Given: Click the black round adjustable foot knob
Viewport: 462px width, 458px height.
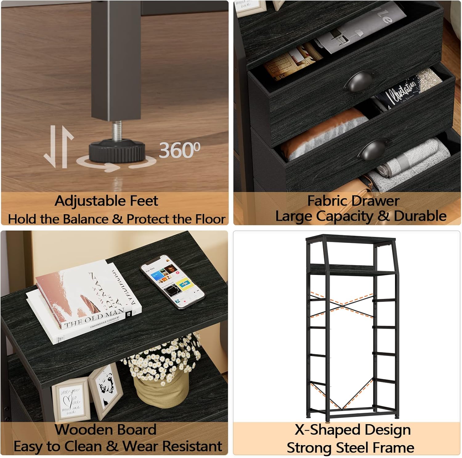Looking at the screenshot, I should (117, 150).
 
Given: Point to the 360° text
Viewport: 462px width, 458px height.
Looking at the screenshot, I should (180, 150).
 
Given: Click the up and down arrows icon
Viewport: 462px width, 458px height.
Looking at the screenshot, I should (59, 147).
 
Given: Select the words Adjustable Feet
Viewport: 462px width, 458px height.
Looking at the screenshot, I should (106, 201).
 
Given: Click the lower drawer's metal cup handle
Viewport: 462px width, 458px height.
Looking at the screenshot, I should (374, 149).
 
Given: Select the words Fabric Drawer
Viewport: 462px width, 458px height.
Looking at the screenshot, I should (353, 201).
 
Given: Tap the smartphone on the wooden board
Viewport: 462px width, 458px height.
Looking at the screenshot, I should (172, 281).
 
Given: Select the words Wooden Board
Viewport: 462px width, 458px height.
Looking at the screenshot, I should (106, 430).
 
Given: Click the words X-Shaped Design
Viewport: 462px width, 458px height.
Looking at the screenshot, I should (353, 430).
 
